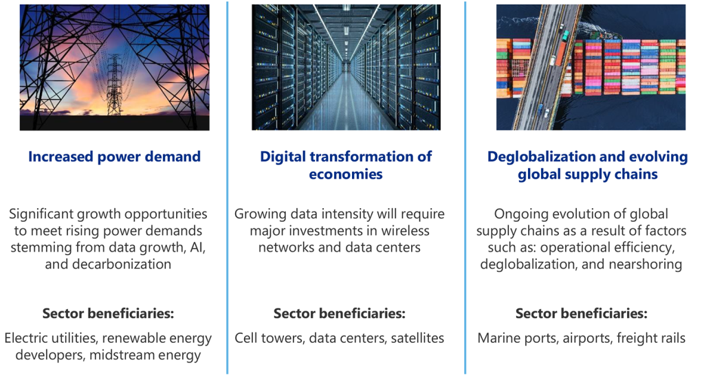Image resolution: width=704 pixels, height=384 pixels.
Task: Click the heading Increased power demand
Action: click(x=115, y=157)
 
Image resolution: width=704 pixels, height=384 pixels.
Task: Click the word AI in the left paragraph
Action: click(x=197, y=247)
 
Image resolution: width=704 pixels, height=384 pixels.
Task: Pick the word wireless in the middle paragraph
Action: click(x=405, y=231)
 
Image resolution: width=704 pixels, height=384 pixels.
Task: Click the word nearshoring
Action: click(x=645, y=264)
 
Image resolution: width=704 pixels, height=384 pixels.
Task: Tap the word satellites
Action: click(x=417, y=338)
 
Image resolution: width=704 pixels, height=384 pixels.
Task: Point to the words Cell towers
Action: click(x=269, y=338)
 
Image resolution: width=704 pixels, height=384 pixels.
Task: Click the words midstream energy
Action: click(x=145, y=355)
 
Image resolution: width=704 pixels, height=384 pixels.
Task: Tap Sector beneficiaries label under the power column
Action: click(x=108, y=313)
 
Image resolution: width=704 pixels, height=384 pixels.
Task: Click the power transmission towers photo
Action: click(x=115, y=67)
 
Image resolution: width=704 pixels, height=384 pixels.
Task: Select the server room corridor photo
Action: click(x=346, y=67)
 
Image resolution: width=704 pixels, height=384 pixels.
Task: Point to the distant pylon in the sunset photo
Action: click(x=114, y=84)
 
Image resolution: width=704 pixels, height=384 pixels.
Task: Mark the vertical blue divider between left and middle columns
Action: click(x=228, y=188)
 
